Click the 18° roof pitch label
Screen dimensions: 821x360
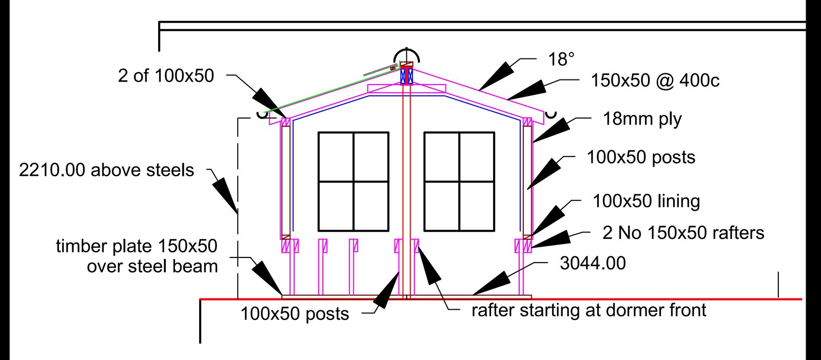click(561, 59)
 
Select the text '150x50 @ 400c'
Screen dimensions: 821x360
click(655, 81)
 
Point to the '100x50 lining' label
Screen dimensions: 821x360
click(646, 201)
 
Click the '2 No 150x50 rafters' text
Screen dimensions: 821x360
click(683, 233)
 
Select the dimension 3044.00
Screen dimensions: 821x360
click(593, 263)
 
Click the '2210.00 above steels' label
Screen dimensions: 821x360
click(106, 170)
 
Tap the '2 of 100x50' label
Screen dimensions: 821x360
click(166, 76)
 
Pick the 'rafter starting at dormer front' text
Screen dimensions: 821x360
click(589, 311)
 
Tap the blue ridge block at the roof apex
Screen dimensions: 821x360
click(406, 76)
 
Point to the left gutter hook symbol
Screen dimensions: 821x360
click(262, 115)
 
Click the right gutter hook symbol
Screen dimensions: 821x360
click(551, 115)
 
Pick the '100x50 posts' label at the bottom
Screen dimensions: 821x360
click(295, 314)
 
